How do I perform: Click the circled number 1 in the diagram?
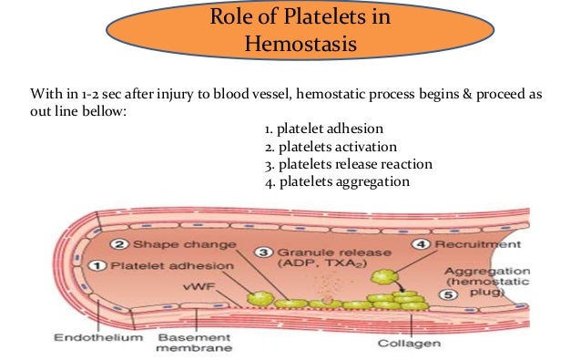pos(102,266)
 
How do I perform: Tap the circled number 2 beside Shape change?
pos(118,244)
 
